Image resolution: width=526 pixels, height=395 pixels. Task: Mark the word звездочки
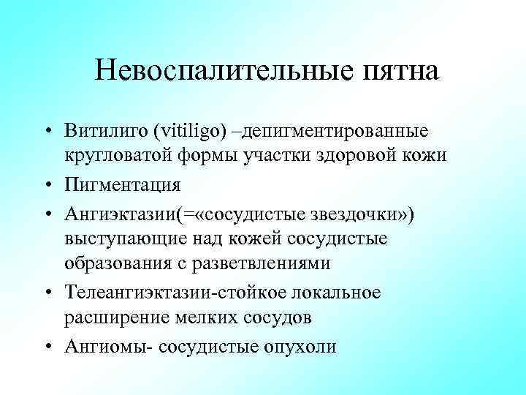click(342, 211)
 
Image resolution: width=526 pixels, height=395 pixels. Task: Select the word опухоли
click(300, 345)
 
